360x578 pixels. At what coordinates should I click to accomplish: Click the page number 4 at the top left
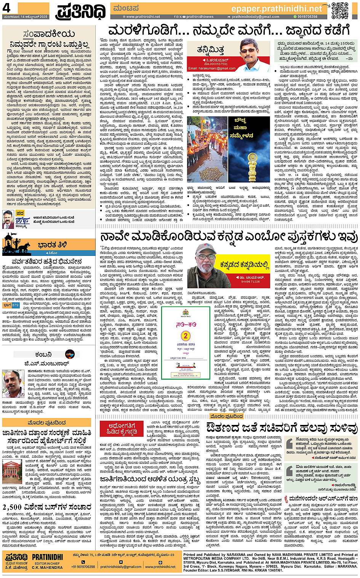(7, 8)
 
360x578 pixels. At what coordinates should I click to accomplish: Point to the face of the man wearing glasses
(248, 50)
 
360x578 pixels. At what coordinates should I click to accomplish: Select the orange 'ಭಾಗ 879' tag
(11, 305)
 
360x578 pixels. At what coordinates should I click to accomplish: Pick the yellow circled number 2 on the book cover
(185, 335)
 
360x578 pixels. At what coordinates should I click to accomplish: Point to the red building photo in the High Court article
(13, 472)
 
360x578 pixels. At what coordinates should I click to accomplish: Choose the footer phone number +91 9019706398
(83, 566)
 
